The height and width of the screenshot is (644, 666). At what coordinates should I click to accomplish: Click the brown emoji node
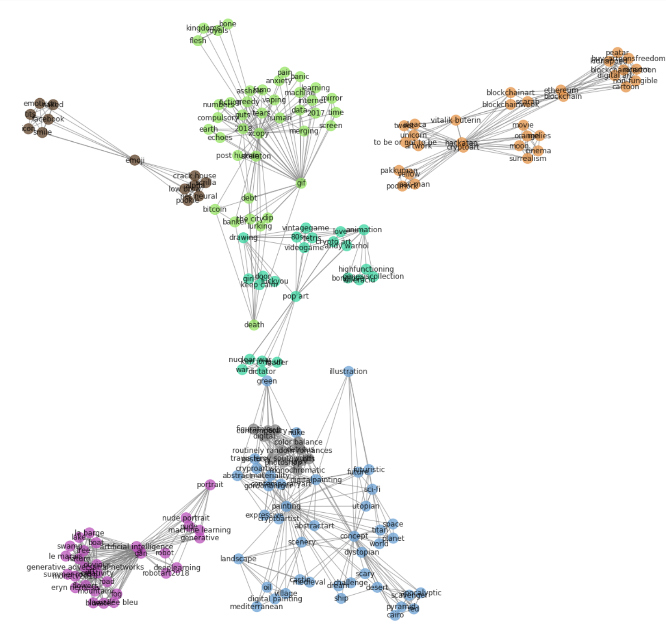[135, 160]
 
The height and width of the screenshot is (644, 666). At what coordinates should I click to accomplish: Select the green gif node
[301, 183]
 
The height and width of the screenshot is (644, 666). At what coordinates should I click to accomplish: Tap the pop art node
[296, 296]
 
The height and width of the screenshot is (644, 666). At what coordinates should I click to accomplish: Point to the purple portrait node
[210, 485]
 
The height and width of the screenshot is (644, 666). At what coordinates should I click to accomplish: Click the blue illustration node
[348, 371]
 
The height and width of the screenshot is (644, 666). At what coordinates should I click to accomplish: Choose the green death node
[254, 325]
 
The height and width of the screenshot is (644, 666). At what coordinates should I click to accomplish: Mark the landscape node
[238, 559]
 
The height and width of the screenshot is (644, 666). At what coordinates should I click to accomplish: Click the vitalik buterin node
[456, 120]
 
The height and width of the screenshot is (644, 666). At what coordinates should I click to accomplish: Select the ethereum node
[561, 90]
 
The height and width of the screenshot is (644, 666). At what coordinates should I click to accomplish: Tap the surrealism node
[527, 159]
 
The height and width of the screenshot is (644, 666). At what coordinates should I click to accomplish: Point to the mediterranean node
[256, 607]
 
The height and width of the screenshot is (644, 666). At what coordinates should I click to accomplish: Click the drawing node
[243, 237]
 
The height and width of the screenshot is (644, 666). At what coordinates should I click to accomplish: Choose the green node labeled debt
[248, 198]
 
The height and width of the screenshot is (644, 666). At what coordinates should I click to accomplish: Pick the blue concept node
[354, 536]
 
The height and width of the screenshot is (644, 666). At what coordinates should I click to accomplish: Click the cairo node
[395, 615]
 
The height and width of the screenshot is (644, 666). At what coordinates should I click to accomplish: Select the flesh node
[198, 41]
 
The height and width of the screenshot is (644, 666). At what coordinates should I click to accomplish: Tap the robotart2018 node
[166, 573]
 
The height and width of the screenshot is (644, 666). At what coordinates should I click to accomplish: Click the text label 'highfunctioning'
[366, 269]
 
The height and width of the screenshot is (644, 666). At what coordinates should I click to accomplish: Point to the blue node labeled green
[267, 381]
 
